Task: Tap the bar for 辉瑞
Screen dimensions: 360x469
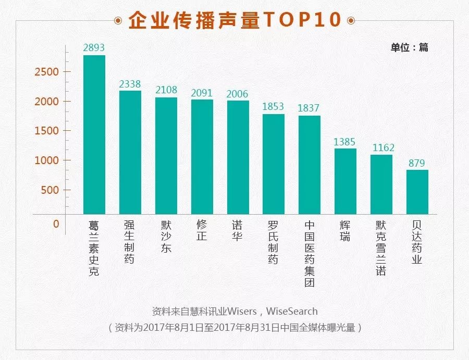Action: [345, 181]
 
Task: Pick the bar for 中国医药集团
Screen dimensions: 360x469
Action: [310, 165]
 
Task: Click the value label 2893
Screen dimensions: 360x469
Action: [94, 48]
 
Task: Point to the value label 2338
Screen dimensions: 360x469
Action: [130, 84]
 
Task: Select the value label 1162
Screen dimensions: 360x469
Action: [384, 148]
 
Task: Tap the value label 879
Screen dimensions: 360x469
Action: [417, 163]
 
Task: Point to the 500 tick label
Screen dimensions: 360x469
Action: [50, 190]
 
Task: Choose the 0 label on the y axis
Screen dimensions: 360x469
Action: [56, 224]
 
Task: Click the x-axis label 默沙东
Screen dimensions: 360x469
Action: [166, 237]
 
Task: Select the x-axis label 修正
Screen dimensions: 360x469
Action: [202, 231]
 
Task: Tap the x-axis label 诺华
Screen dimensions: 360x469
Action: [238, 231]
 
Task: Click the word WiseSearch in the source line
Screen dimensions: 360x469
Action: [292, 311]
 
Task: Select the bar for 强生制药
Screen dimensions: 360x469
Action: [130, 152]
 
